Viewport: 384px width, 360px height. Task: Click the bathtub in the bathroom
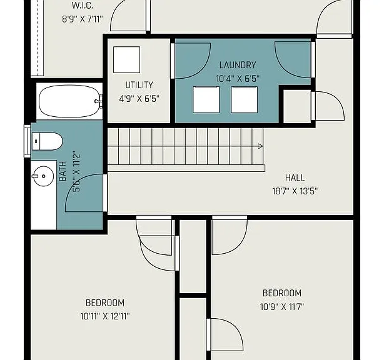pos(70,101)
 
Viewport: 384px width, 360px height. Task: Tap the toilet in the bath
pos(48,141)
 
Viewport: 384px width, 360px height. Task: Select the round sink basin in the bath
pos(43,176)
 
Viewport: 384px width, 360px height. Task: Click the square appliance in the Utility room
pos(126,60)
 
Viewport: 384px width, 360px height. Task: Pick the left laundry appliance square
pos(206,99)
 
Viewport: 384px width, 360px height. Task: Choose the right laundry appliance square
pos(244,99)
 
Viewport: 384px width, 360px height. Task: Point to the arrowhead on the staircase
pos(261,146)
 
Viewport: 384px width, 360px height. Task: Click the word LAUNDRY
pos(238,65)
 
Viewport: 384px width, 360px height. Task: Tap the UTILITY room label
pos(139,85)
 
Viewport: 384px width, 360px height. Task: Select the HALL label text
pos(295,177)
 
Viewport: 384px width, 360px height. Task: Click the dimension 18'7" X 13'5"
pos(295,191)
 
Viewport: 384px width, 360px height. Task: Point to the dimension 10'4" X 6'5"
pos(238,79)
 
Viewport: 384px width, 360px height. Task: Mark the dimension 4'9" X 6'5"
pos(139,99)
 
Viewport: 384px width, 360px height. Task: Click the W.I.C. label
pos(83,6)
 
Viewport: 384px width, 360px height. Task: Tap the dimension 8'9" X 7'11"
pos(83,19)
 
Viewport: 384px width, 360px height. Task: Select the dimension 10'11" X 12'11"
pos(105,316)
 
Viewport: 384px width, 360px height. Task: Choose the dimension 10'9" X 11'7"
pos(282,307)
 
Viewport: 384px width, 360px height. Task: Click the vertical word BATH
pos(63,171)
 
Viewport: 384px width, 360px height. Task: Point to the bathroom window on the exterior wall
pos(27,141)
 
